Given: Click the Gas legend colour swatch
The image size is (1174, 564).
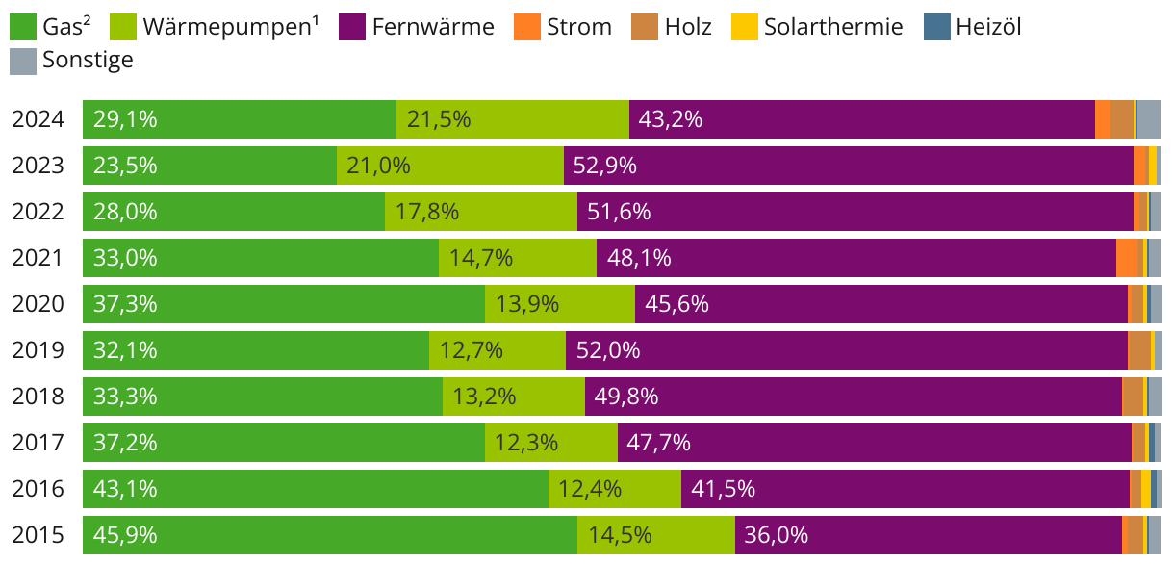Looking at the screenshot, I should pos(23,27).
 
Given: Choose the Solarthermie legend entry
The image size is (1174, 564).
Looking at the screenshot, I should pos(833,27).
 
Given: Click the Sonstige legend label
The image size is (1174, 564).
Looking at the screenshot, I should pos(88,61).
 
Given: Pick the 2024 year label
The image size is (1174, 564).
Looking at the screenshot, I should pos(38,119).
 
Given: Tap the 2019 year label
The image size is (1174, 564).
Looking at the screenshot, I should pos(38,350).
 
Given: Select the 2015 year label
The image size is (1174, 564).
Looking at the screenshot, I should pos(38,535).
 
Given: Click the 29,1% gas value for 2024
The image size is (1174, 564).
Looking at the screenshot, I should pos(125,119).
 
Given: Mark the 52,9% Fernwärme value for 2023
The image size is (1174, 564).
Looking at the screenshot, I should pos(604,166).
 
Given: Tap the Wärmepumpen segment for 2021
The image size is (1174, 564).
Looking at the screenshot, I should pos(518,258).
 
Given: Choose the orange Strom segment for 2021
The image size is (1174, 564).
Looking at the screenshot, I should pos(1126,258).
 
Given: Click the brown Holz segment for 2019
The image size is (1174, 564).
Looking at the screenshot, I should pos(1138,350).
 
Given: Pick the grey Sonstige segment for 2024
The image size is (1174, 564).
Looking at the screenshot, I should pos(1148,119).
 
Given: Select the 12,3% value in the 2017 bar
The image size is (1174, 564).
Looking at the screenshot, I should pos(525,443).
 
